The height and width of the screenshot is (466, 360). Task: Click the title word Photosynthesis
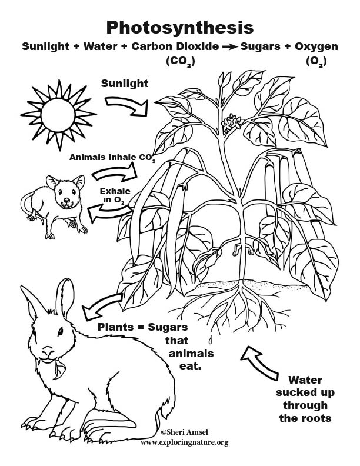[x=179, y=28]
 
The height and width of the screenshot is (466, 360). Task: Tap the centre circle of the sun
[x=58, y=115]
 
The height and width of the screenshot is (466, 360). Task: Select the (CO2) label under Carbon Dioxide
[x=181, y=62]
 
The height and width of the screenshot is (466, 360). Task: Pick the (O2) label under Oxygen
[x=316, y=62]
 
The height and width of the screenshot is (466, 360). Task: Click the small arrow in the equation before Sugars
[x=229, y=47]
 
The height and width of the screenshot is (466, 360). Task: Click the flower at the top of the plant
[x=232, y=122]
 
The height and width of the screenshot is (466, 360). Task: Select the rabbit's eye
[x=61, y=331]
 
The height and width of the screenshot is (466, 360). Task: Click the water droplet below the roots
[x=211, y=339]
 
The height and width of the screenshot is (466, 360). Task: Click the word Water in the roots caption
[x=305, y=380]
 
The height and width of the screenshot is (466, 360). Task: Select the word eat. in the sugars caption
[x=190, y=366]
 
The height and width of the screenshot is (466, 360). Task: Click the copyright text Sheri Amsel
[x=184, y=432]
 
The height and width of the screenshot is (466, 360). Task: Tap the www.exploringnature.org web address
[x=185, y=442]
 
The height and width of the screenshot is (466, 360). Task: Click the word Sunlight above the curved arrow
[x=125, y=84]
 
